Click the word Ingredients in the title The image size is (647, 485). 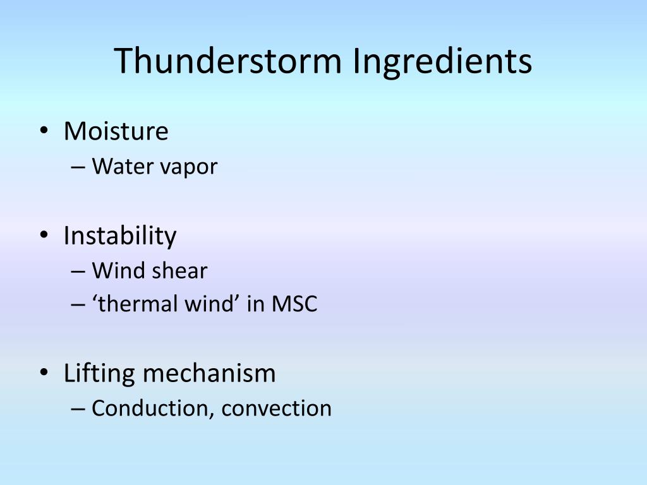pyautogui.click(x=442, y=62)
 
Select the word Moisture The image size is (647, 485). pyautogui.click(x=116, y=131)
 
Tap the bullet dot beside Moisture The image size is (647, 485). pyautogui.click(x=44, y=131)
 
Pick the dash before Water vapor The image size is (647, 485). pyautogui.click(x=78, y=167)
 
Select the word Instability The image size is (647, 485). pyautogui.click(x=120, y=236)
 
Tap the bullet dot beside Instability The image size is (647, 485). pyautogui.click(x=44, y=236)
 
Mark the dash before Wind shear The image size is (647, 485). pyautogui.click(x=78, y=272)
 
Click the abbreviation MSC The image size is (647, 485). pyautogui.click(x=294, y=304)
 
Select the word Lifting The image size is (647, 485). pyautogui.click(x=99, y=374)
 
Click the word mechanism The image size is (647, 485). pyautogui.click(x=209, y=373)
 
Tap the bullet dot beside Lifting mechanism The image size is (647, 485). pyautogui.click(x=44, y=373)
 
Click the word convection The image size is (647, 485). pyautogui.click(x=277, y=409)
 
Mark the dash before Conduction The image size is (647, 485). pyautogui.click(x=78, y=409)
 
